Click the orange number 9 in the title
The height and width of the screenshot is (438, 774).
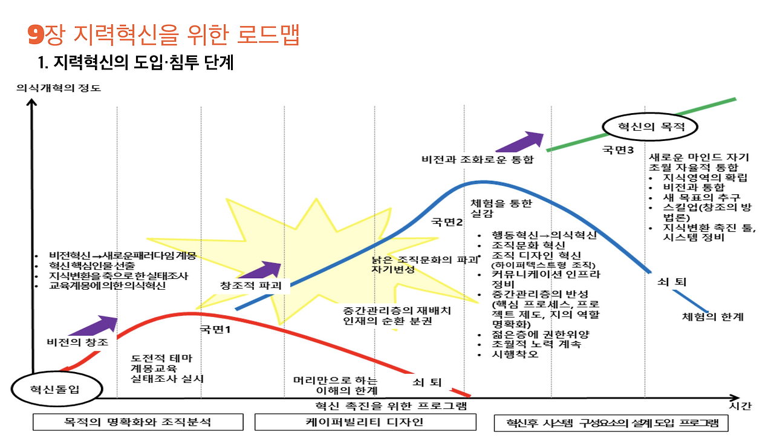36,35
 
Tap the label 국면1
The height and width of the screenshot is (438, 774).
215,330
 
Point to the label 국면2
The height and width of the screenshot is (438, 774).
446,222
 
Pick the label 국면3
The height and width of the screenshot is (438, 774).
618,149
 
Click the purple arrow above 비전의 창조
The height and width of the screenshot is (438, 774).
93,325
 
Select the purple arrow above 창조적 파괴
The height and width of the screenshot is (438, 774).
260,270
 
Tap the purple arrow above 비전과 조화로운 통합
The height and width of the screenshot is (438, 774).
519,142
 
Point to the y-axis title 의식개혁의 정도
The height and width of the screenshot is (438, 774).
59,88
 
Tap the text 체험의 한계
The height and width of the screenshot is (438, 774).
712,316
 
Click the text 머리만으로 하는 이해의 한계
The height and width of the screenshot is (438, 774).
335,385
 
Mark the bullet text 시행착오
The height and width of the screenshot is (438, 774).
515,355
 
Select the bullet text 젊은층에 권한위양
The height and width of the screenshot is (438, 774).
541,335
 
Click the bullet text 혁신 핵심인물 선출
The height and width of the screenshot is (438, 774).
91,266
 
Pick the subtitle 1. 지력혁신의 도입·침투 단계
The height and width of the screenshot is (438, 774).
135,62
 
